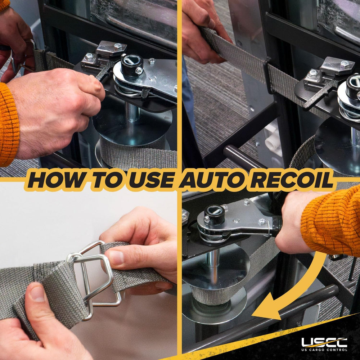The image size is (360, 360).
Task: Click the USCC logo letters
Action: point(324,342)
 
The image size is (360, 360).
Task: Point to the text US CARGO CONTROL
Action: point(324,350)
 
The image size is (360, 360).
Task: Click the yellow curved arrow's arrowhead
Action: point(269,310)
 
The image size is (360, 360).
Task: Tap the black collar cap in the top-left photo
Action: point(132,65)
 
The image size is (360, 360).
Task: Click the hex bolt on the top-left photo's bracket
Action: point(118,46)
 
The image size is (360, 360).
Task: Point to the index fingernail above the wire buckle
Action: point(116,258)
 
